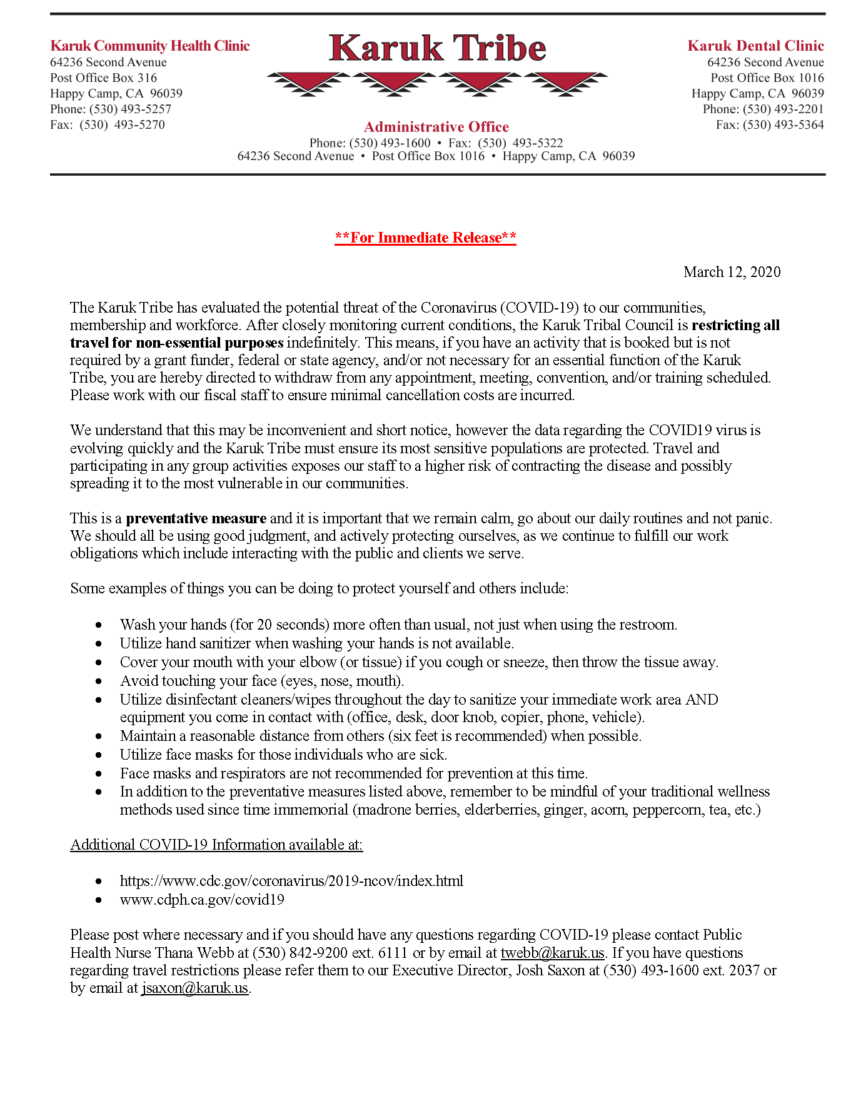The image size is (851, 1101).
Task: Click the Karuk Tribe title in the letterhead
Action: (437, 48)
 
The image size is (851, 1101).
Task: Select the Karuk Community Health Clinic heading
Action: (149, 46)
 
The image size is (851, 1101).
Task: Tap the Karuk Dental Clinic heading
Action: (755, 46)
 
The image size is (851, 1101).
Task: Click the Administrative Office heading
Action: (436, 127)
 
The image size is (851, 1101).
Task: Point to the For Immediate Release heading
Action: (425, 238)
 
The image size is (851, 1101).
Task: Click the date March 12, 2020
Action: (732, 271)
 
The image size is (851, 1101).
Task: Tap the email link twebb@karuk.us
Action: (553, 953)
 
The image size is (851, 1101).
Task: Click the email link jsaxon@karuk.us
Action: (195, 988)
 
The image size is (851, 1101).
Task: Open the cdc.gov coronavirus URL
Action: (291, 881)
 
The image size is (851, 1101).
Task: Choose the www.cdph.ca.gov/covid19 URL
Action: (202, 900)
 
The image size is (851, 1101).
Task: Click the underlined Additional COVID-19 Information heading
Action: (216, 845)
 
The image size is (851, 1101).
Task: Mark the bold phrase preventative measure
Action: (196, 518)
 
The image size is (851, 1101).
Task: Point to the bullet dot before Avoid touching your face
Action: (99, 681)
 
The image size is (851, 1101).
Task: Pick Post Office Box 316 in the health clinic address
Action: (104, 78)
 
